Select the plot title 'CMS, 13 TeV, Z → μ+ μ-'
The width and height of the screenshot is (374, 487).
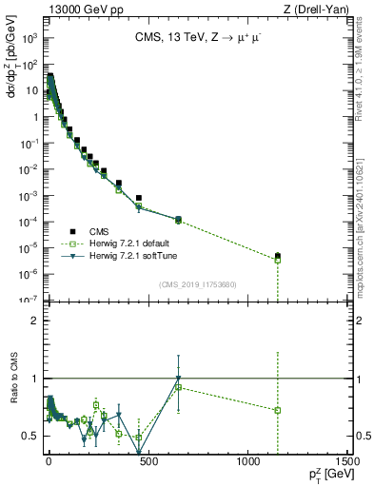197,39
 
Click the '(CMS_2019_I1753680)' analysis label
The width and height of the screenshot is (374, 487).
197,283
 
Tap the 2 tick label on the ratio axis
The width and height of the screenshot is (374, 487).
36,321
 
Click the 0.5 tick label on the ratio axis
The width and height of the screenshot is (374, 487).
32,436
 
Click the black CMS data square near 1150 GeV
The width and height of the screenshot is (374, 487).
278,256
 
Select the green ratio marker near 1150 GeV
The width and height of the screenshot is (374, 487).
278,410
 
